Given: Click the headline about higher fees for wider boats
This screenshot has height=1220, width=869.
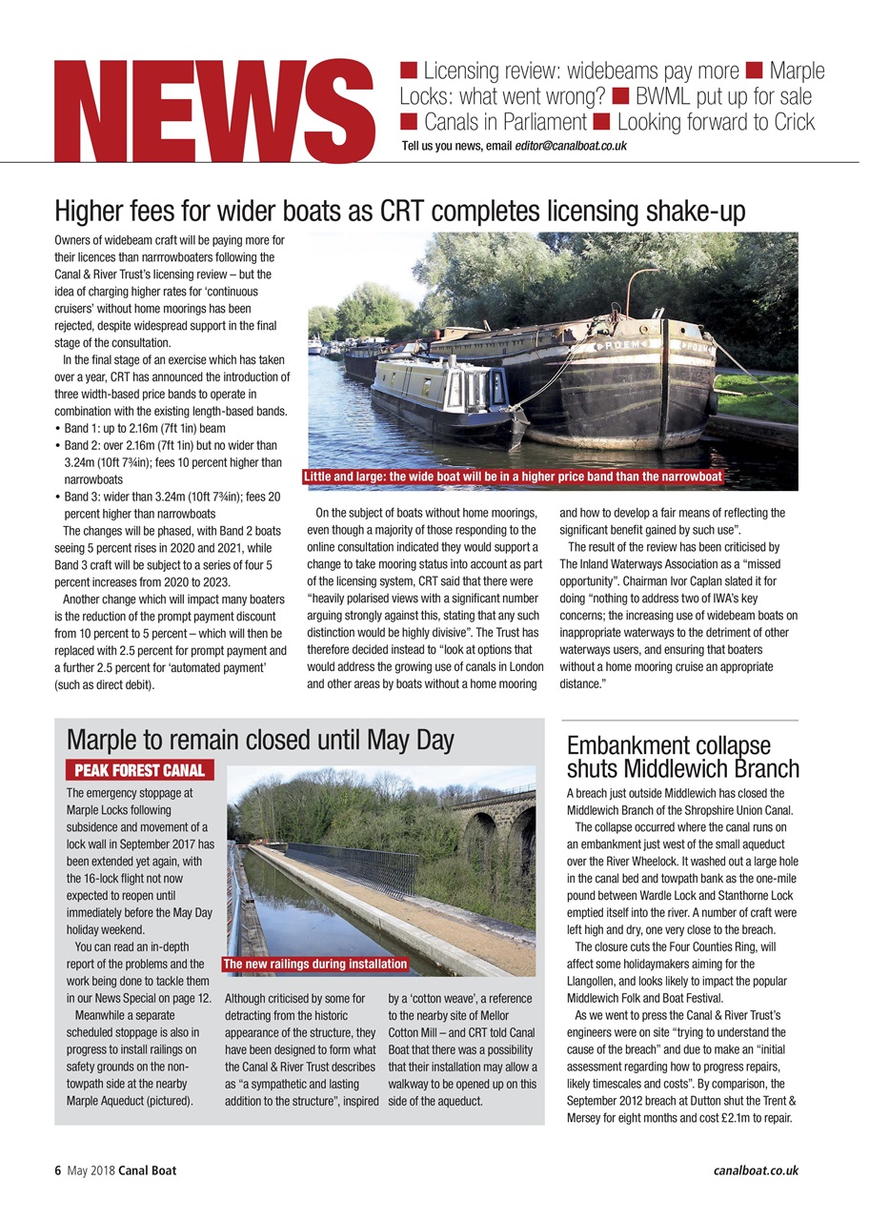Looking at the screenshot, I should (x=400, y=212).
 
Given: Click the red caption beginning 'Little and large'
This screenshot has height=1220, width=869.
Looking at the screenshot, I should (x=513, y=476).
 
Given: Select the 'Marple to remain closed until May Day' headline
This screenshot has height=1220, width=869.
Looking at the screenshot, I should (x=260, y=740).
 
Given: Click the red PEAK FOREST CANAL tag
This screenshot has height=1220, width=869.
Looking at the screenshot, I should (x=139, y=770).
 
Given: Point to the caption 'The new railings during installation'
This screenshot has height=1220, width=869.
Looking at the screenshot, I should (x=314, y=964).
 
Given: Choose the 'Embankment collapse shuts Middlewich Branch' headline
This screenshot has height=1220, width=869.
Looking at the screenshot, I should (x=682, y=757).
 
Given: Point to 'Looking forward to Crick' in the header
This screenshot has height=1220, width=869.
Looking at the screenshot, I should (x=716, y=122).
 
